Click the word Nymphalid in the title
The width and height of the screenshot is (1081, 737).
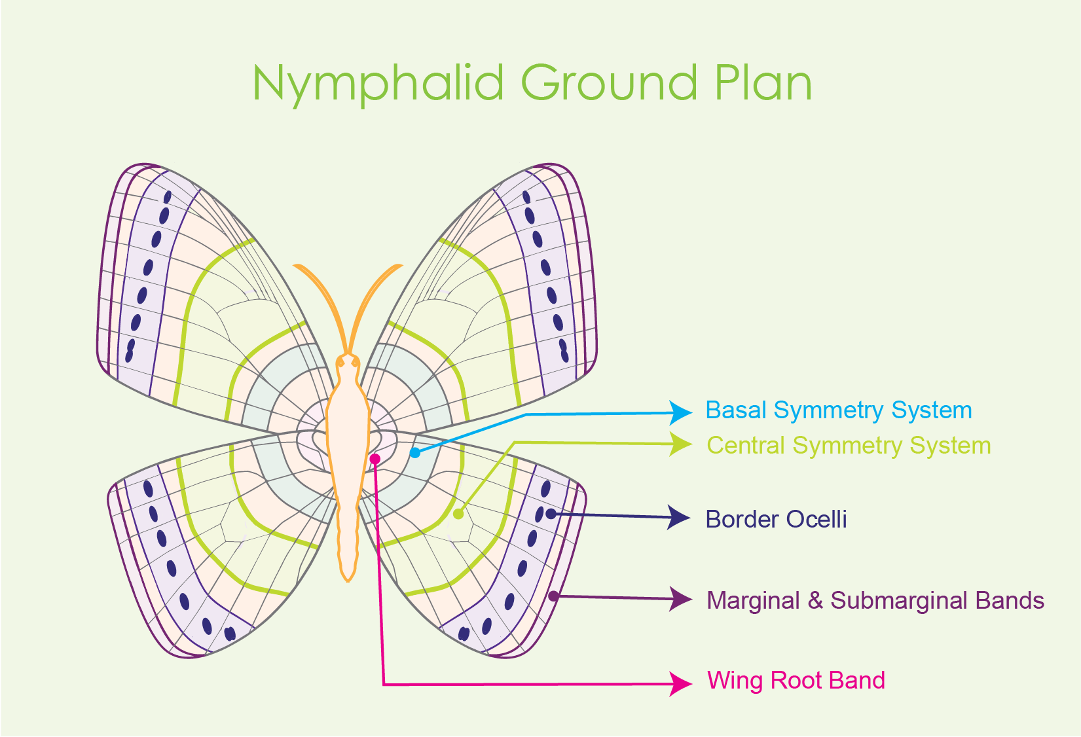click(378, 85)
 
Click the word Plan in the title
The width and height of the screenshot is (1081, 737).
click(763, 83)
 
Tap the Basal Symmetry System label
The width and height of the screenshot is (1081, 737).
click(839, 411)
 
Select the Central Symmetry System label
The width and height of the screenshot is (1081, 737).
click(849, 446)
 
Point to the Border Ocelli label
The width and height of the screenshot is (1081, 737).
click(776, 520)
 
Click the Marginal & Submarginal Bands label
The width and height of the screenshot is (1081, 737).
click(875, 600)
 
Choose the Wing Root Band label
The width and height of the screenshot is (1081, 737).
click(796, 681)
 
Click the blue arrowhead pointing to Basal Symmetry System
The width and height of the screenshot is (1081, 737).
click(680, 413)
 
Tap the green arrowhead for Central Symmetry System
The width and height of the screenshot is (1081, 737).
click(680, 444)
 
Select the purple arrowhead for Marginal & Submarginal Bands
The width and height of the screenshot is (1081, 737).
click(680, 599)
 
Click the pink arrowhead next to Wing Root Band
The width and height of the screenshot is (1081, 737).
click(680, 683)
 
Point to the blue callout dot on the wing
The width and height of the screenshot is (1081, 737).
click(415, 453)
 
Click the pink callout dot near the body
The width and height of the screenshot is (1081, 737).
click(375, 459)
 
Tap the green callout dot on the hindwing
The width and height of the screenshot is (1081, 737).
click(458, 514)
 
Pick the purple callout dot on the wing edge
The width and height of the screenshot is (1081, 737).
click(554, 596)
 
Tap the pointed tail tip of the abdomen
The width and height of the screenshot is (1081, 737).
click(348, 581)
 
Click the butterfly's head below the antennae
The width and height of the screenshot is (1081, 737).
click(348, 362)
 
